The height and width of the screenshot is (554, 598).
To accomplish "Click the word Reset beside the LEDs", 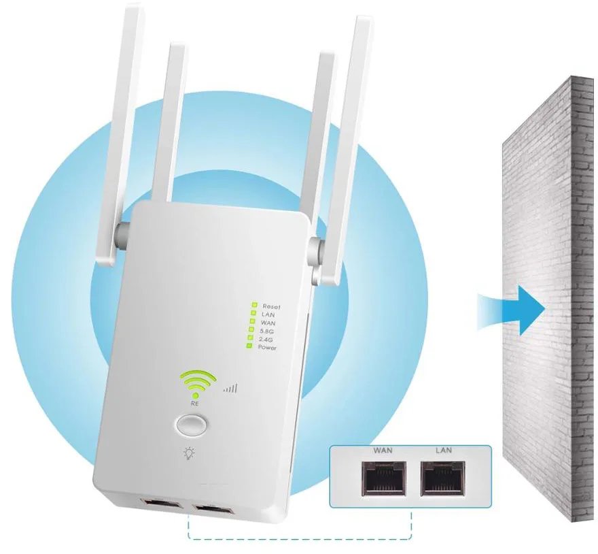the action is pos(270,306).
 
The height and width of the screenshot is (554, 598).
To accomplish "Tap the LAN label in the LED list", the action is pos(267,314).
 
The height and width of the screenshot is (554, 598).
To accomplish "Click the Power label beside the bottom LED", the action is pos(268,348).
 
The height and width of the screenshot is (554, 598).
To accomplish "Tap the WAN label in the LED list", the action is pos(268,323).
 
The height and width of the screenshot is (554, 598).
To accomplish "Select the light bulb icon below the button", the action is pos(189,455).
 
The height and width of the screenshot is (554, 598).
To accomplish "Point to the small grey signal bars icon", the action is pos(231,389).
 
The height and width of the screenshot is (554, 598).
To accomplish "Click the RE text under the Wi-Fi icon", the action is pos(196,404).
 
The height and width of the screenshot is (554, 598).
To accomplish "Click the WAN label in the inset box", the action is pos(383,451).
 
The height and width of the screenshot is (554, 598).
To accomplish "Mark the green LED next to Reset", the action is pos(253,306).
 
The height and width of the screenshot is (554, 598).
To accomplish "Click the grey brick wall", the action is pos(550,306).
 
